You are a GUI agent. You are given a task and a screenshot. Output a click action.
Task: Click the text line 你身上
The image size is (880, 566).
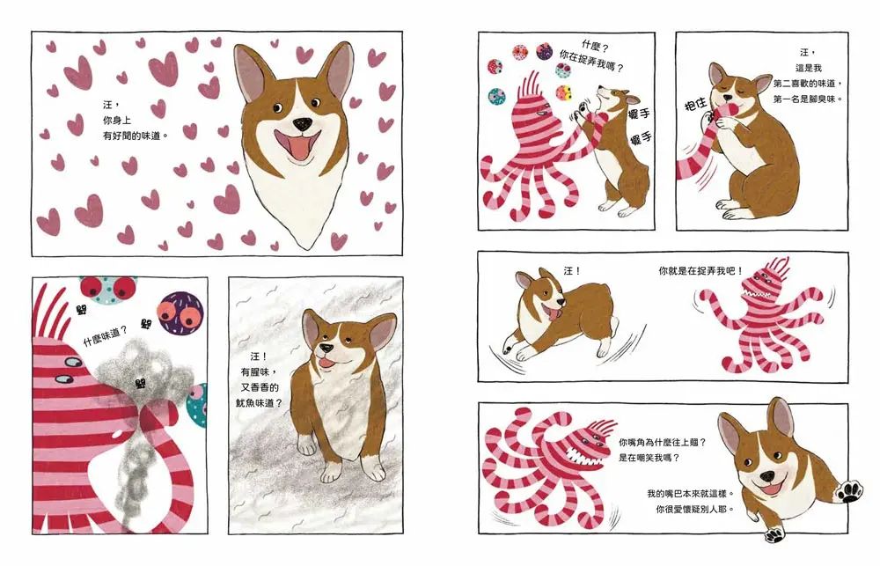[117, 121]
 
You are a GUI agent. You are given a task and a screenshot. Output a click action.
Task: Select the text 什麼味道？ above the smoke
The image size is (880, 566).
[105, 335]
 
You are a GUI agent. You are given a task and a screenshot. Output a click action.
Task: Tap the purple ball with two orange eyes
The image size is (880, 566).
[180, 312]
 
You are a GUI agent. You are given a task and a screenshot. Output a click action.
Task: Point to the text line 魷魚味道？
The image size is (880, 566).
[259, 402]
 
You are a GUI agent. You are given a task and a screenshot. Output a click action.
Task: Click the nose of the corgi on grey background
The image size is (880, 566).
[325, 348]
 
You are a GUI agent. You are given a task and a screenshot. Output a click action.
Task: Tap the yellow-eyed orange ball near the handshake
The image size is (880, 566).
[564, 92]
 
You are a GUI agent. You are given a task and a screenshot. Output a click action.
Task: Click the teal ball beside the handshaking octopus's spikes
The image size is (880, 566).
[496, 97]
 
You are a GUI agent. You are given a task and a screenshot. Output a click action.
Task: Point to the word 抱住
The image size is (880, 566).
[696, 105]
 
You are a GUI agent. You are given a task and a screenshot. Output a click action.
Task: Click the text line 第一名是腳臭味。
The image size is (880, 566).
[808, 99]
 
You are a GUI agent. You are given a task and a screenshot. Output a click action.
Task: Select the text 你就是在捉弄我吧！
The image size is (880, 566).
[701, 270]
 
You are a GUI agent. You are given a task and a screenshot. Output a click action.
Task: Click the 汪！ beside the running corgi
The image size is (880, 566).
[572, 270]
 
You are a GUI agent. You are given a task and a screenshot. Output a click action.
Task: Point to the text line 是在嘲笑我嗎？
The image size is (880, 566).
[649, 458]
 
